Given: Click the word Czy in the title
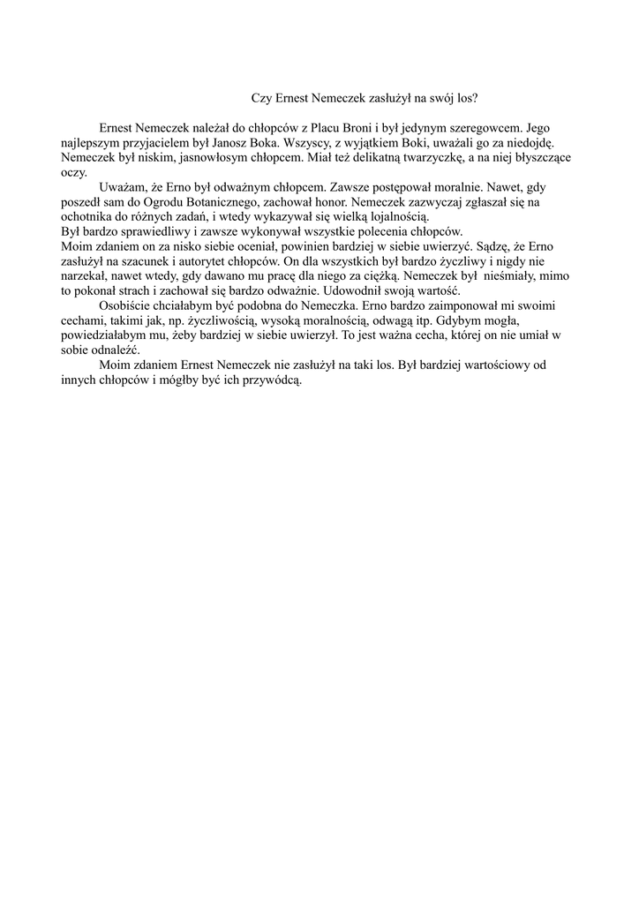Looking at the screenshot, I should click(263, 100).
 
